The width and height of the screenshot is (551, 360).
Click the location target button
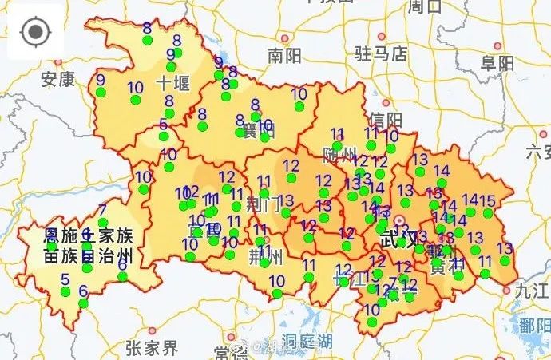[34, 33]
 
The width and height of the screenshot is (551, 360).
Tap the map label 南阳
[284, 56]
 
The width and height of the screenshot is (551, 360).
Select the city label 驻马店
[380, 53]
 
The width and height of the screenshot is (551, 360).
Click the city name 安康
[57, 79]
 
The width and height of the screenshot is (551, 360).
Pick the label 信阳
[386, 120]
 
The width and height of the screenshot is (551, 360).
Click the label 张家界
[152, 348]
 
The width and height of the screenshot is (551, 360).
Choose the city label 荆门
[264, 203]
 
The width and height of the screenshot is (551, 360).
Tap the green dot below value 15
[488, 213]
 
